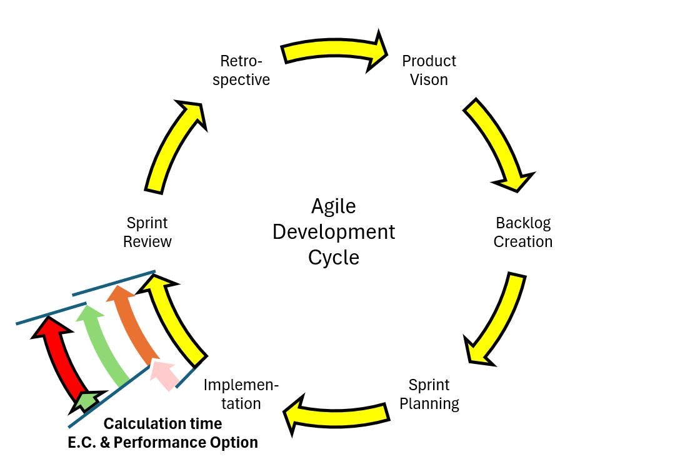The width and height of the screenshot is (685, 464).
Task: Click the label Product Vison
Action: (x=429, y=70)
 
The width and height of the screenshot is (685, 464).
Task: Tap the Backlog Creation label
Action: (x=523, y=232)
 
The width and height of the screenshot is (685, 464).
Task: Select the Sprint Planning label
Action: (x=429, y=394)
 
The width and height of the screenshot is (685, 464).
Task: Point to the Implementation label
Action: (x=241, y=394)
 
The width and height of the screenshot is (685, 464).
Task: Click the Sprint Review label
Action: (x=147, y=232)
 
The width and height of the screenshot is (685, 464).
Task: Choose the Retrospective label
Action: (x=241, y=70)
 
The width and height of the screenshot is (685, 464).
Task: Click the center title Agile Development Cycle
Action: (x=334, y=232)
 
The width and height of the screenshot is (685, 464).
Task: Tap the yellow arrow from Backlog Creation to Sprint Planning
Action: (x=497, y=319)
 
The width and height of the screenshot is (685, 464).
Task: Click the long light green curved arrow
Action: (x=103, y=344)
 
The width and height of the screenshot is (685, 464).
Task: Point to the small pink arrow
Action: (x=166, y=374)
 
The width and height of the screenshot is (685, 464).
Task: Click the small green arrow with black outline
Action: (x=87, y=401)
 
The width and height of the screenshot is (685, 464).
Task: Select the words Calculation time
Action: (x=162, y=424)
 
